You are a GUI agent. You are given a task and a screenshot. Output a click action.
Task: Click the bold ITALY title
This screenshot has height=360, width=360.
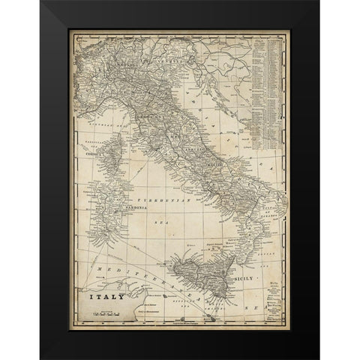coord(98,285)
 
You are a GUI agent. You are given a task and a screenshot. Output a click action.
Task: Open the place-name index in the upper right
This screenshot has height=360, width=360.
coord(267,82)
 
